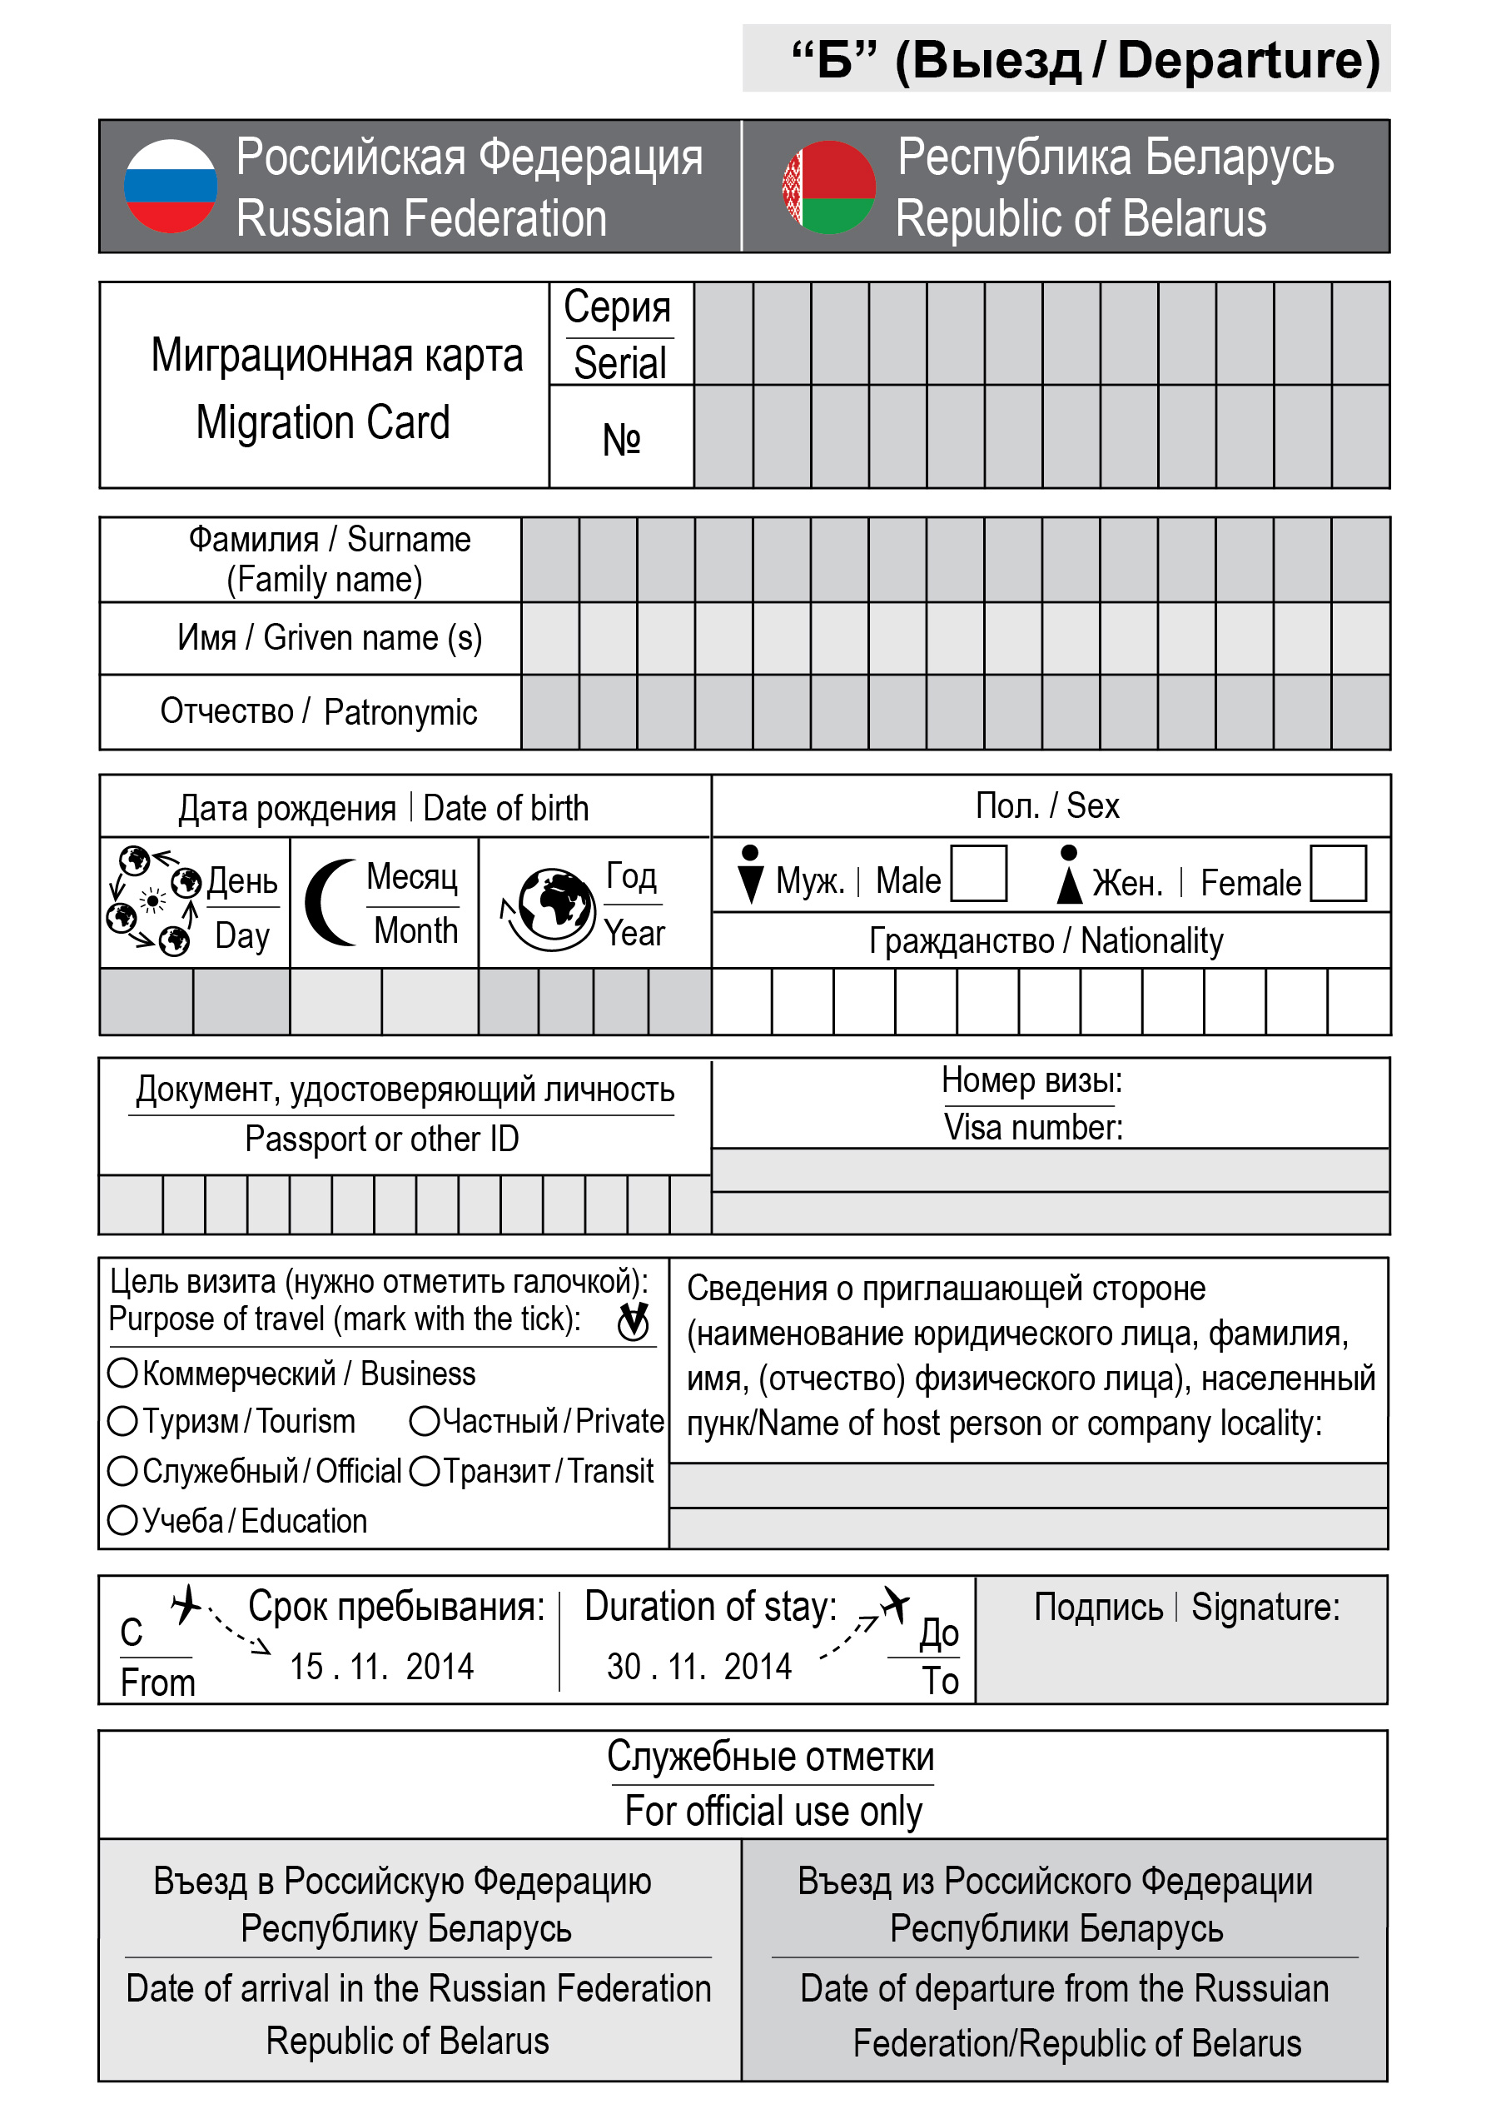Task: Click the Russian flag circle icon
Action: pyautogui.click(x=171, y=186)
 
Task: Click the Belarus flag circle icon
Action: pyautogui.click(x=828, y=187)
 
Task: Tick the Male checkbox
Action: pyautogui.click(x=978, y=873)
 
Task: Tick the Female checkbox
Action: pyautogui.click(x=1338, y=873)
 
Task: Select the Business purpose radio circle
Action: pyautogui.click(x=122, y=1373)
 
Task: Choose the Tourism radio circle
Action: pyautogui.click(x=122, y=1421)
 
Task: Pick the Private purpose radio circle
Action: pyautogui.click(x=425, y=1421)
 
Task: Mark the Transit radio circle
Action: pyautogui.click(x=425, y=1471)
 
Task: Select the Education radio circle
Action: pyautogui.click(x=122, y=1520)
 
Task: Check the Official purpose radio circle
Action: pyautogui.click(x=122, y=1471)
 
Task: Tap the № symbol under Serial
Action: pyautogui.click(x=621, y=439)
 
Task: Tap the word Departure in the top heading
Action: pyautogui.click(x=1248, y=61)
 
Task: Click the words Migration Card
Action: pyautogui.click(x=322, y=422)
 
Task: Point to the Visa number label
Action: pyautogui.click(x=1033, y=1127)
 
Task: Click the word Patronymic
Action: pyautogui.click(x=400, y=712)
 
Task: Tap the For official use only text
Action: pyautogui.click(x=773, y=1812)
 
